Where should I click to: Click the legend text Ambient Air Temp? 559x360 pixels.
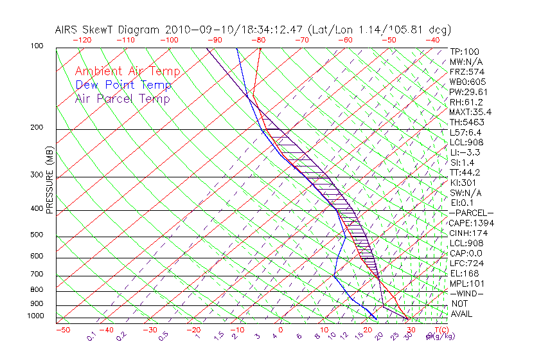[127, 71]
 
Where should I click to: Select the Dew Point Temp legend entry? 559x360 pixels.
[123, 85]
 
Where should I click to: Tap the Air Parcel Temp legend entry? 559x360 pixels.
[122, 98]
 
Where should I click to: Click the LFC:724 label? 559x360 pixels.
[466, 263]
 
